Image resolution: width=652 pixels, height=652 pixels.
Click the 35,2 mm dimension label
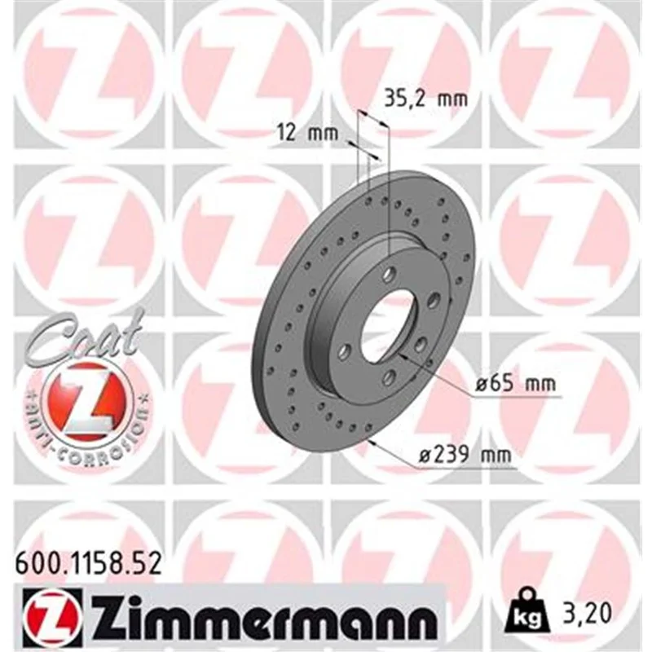coord(425,99)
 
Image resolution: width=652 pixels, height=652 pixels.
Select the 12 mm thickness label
coord(308,133)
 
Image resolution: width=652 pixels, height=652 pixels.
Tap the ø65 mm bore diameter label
coord(516,383)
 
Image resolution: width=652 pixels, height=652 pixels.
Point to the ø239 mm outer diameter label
coord(465,455)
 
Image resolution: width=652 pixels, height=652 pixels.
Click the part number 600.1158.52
coord(88,565)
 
